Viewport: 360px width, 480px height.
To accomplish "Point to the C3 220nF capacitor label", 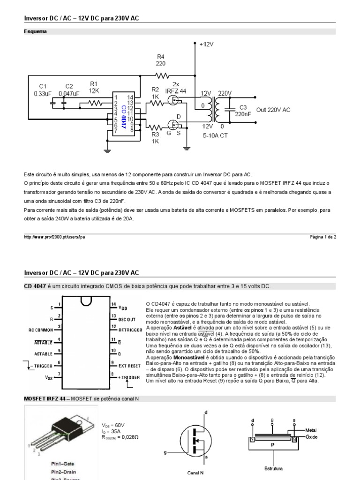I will tap(243, 111).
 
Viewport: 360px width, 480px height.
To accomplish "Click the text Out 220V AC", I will tap(273, 110).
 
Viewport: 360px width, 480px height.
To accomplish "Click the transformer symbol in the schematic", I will tap(216, 109).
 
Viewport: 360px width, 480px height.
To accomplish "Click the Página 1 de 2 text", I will tap(323, 237).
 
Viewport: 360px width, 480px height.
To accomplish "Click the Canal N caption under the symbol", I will tap(195, 472).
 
